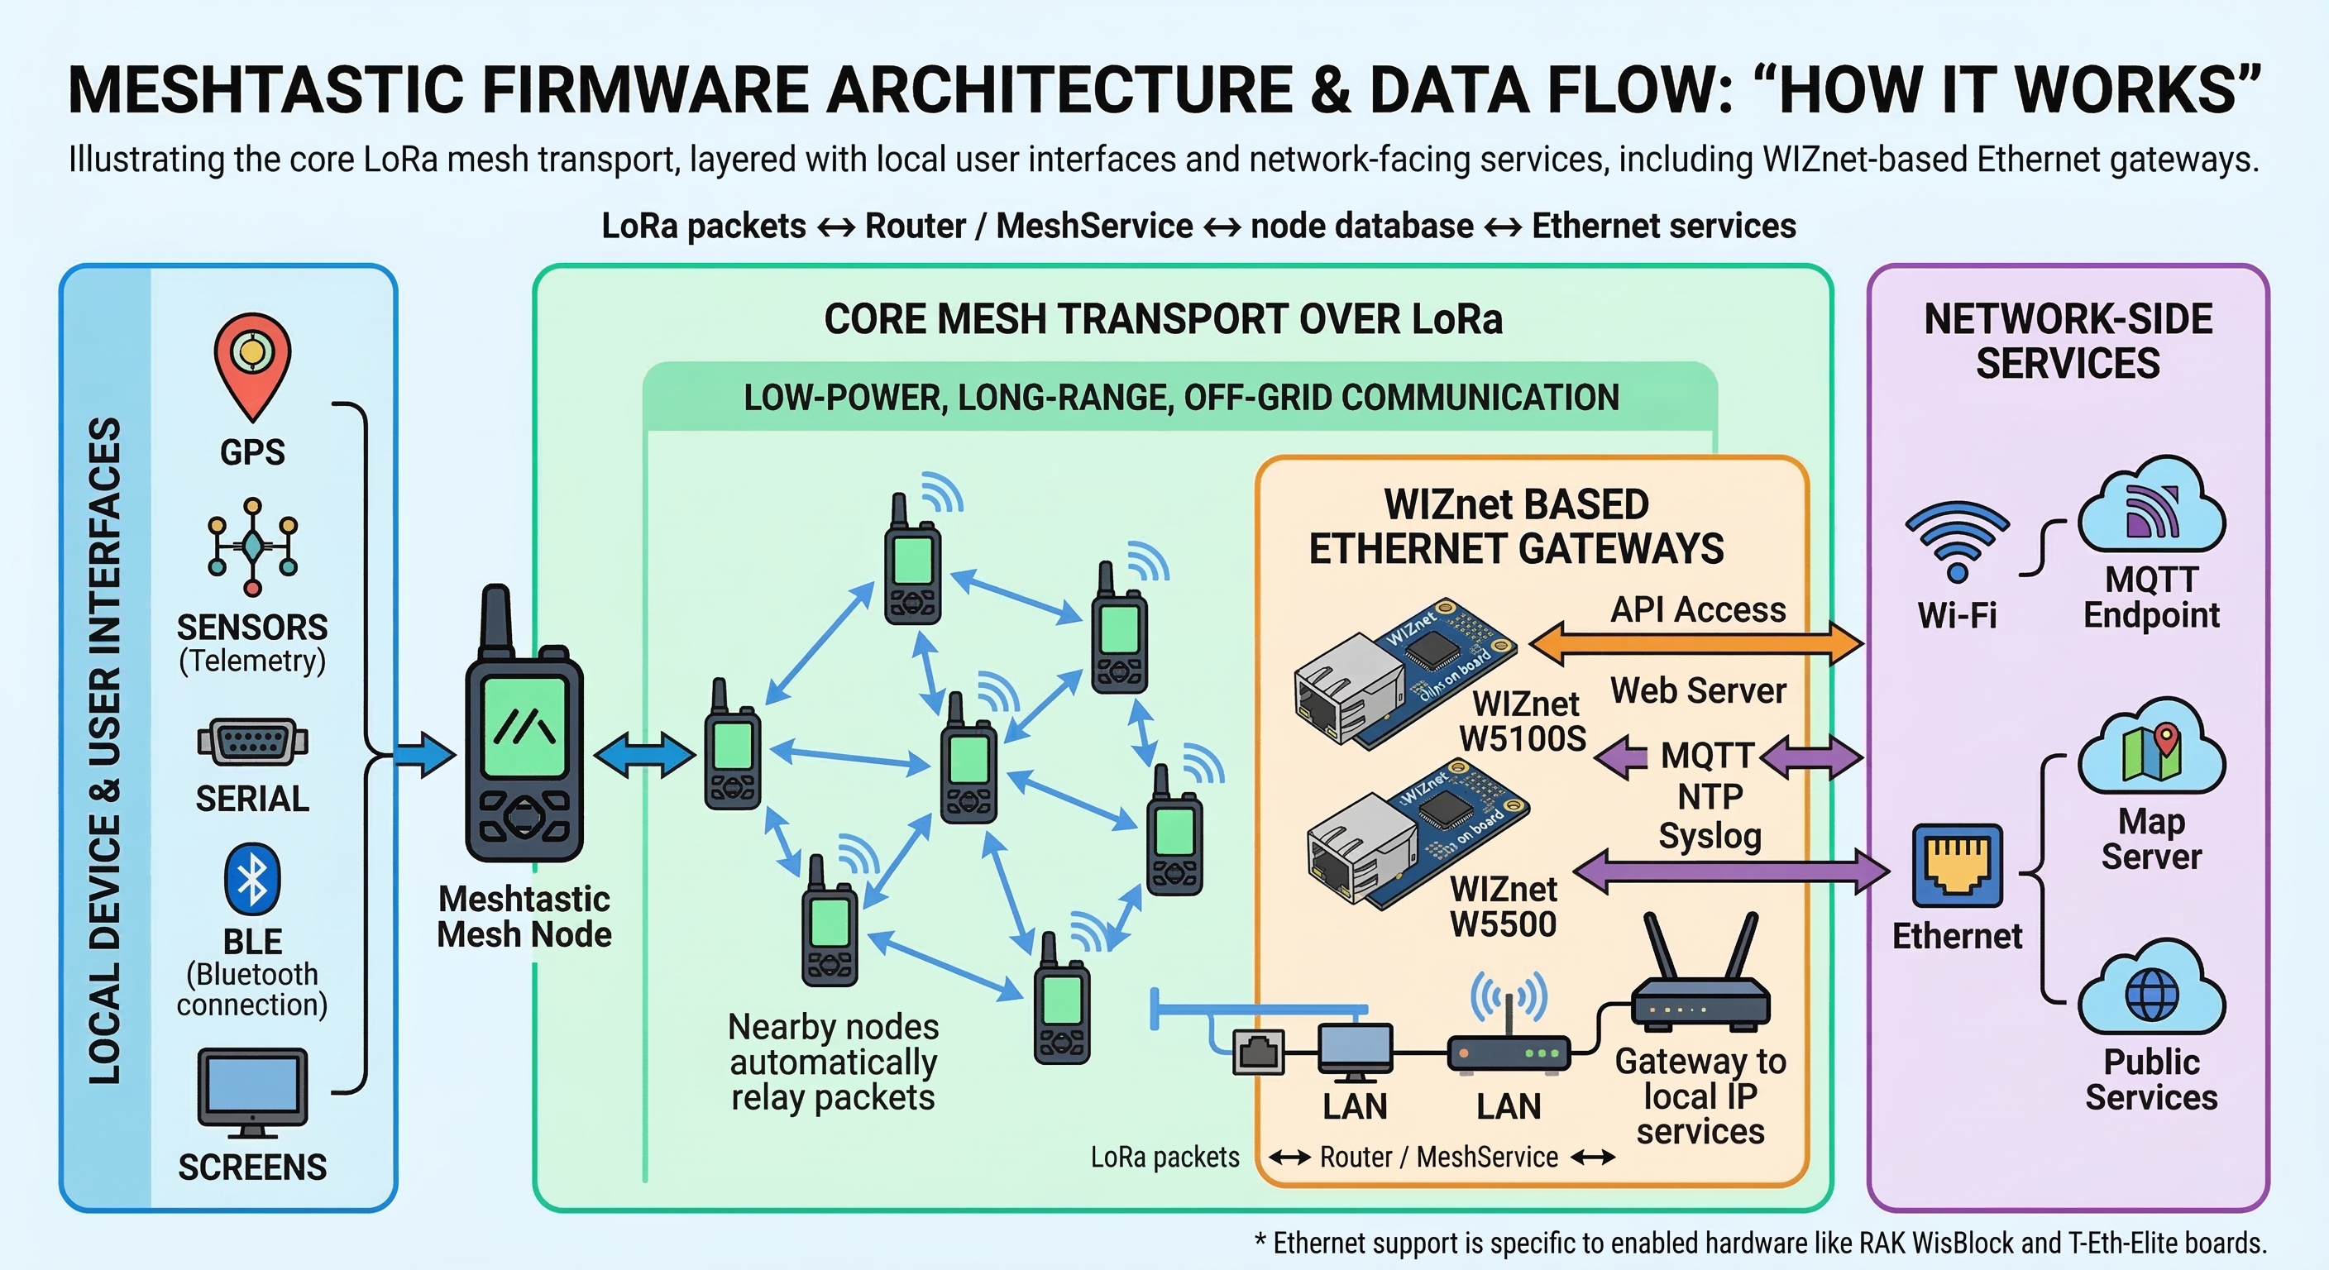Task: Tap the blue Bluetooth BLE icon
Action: click(x=252, y=880)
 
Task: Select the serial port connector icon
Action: click(x=252, y=743)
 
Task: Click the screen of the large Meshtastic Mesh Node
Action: click(x=524, y=727)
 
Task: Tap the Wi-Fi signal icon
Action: click(x=1957, y=541)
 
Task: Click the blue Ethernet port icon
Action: click(x=1958, y=865)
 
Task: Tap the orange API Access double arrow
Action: click(x=1696, y=644)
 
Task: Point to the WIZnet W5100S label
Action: click(x=1524, y=721)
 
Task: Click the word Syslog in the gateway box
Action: click(x=1710, y=836)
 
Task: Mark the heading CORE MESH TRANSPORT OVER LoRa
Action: click(x=1163, y=319)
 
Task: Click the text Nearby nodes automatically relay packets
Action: click(x=833, y=1062)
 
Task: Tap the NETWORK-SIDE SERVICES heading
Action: click(x=2068, y=341)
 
